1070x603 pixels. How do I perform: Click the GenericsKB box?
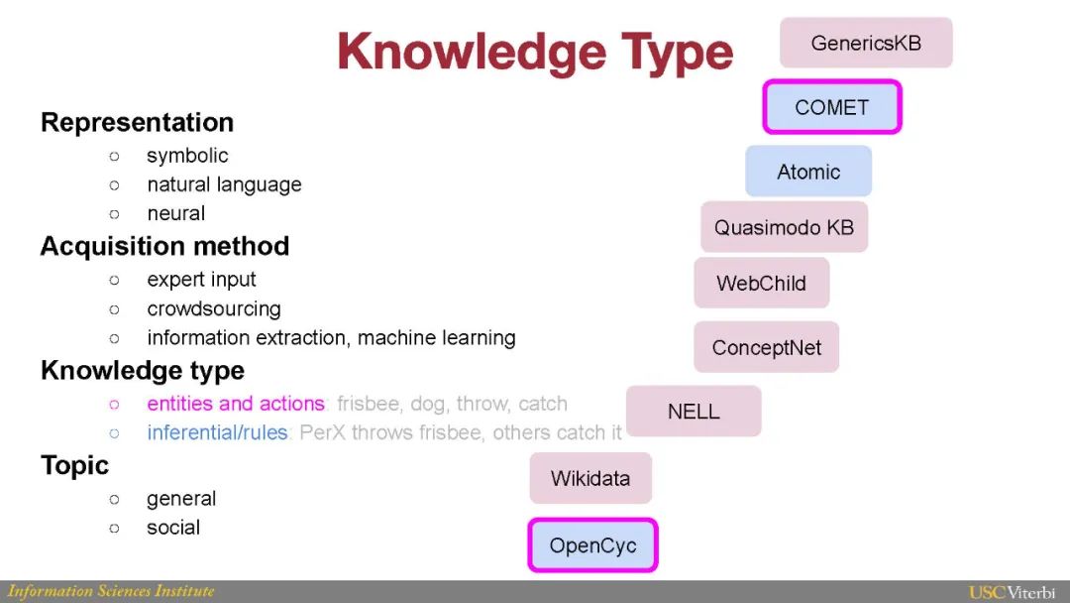click(866, 43)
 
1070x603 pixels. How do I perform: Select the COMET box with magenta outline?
click(832, 107)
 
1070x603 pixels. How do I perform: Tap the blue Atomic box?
click(808, 172)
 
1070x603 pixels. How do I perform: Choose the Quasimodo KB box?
click(784, 227)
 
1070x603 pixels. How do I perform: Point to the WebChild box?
click(761, 283)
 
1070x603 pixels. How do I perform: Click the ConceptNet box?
click(766, 347)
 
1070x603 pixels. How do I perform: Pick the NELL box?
click(694, 412)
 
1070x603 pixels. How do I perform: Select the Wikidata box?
click(590, 478)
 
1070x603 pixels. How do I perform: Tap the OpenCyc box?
click(592, 545)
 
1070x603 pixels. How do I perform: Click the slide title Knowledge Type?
click(535, 53)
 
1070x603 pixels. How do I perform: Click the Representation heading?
click(137, 122)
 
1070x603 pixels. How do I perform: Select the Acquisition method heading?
click(164, 246)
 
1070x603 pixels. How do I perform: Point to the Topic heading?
click(74, 465)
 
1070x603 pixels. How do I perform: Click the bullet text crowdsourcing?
click(214, 308)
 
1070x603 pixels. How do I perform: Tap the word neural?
click(176, 213)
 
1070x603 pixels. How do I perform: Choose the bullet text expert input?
click(201, 280)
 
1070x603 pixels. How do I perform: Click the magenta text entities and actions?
click(236, 404)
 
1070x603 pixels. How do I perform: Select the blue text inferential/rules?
click(217, 432)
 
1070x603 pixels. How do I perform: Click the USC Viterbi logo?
click(1012, 592)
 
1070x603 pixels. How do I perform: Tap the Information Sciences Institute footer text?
click(111, 591)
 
